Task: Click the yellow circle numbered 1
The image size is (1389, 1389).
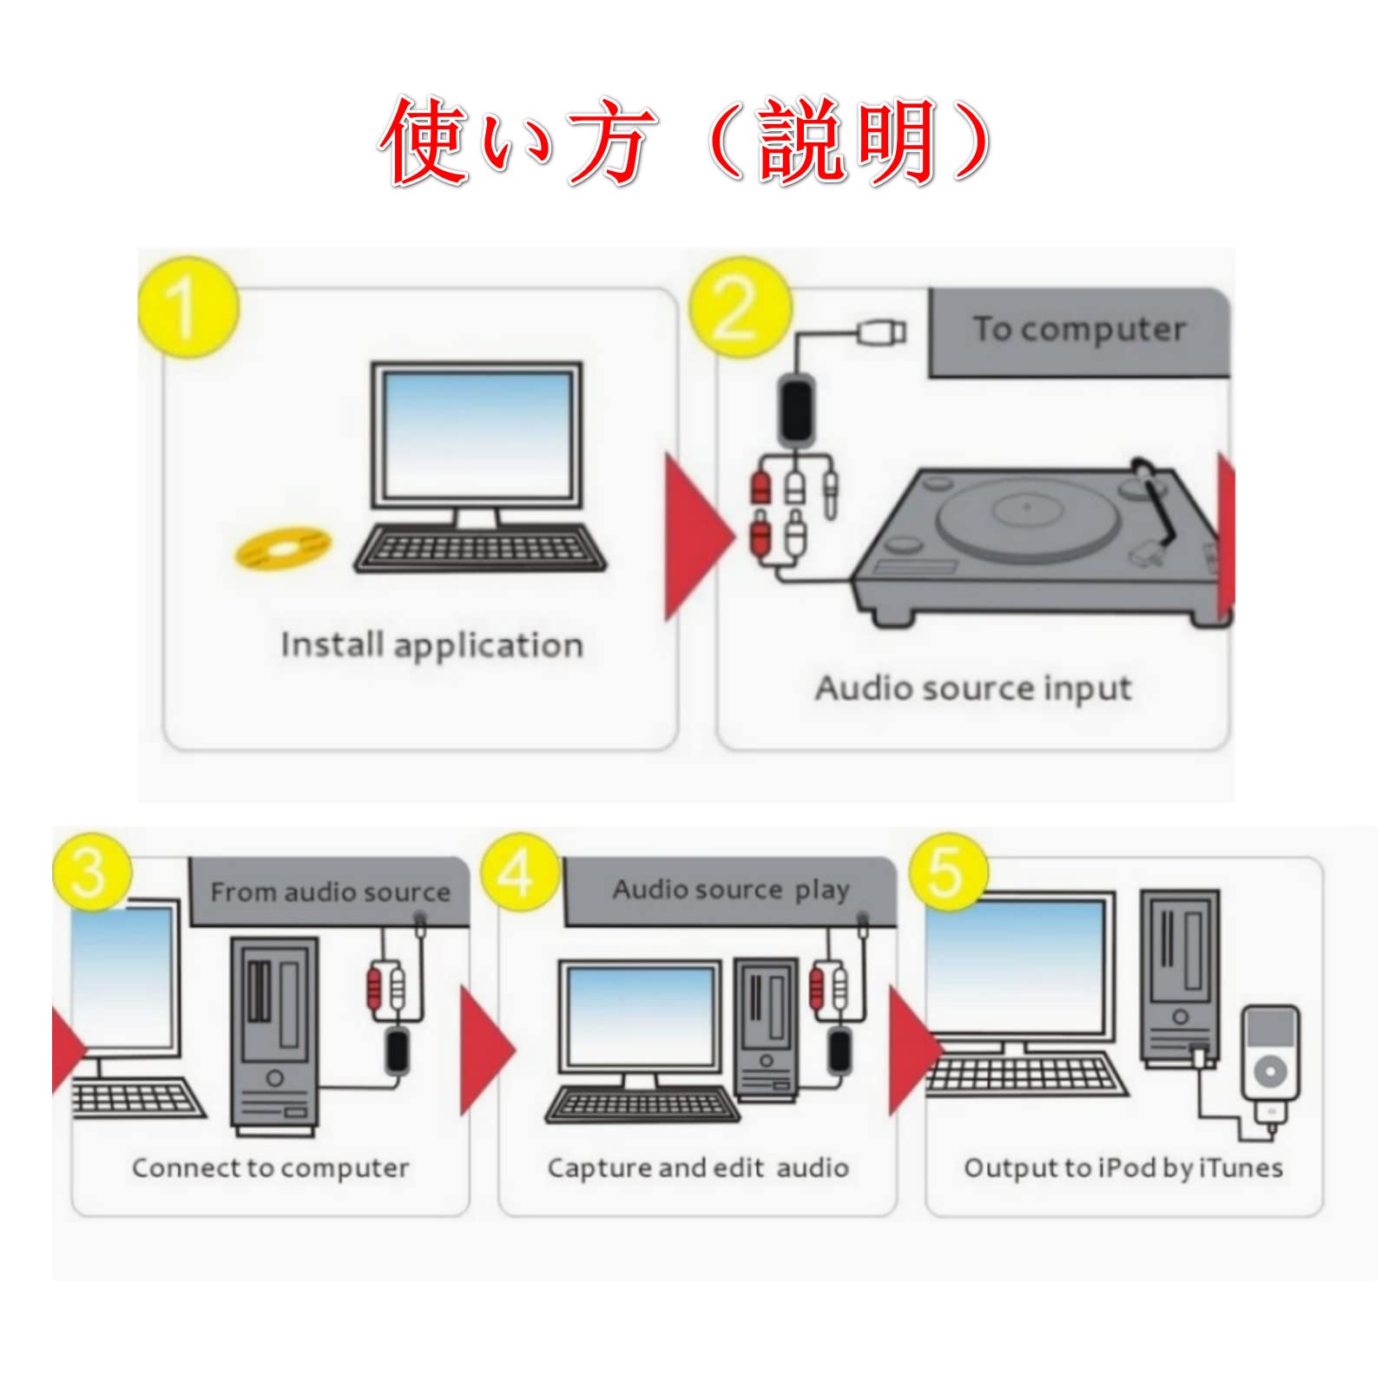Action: point(188,307)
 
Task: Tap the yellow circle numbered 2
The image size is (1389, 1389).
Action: point(740,307)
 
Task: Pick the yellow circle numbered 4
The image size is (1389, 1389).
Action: point(519,872)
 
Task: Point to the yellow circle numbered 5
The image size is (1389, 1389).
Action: point(948,872)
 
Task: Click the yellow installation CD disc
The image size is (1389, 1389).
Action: point(283,547)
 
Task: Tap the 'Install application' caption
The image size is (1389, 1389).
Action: point(431,645)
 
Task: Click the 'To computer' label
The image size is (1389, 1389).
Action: point(1079,330)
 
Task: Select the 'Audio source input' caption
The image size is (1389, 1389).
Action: point(972,688)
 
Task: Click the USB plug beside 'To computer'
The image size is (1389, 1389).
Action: point(882,332)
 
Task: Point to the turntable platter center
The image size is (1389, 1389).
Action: point(1026,506)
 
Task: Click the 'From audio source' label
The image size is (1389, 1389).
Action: point(330,892)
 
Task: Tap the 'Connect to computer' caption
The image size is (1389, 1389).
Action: point(270,1168)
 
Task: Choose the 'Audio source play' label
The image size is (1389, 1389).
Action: point(730,891)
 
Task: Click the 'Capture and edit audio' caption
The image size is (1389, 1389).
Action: point(698,1168)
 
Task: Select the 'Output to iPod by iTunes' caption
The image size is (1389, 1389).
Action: point(1123,1168)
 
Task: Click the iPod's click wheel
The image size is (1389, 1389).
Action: point(1270,1071)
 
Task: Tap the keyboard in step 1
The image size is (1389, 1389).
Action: point(479,549)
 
